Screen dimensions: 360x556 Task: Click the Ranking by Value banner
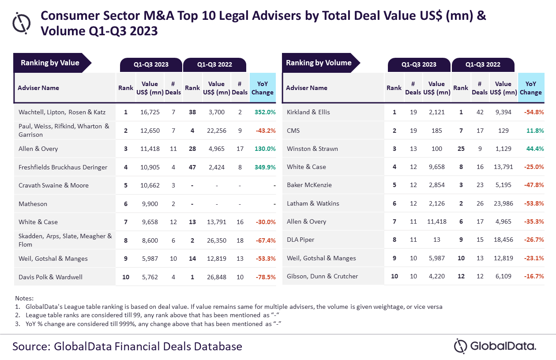tap(50, 63)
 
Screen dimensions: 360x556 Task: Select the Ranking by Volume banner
tap(319, 63)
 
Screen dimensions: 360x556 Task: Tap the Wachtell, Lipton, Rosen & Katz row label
tap(62, 112)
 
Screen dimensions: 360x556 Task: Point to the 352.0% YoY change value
tap(265, 112)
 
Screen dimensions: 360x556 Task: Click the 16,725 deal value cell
tap(150, 112)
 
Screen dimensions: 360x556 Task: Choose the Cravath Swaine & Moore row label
tap(53, 185)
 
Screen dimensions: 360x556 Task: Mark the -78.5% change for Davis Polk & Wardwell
tap(265, 277)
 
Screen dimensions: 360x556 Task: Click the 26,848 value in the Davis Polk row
tap(216, 277)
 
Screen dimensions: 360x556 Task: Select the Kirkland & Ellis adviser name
tap(308, 112)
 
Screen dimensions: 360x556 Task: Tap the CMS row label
tap(293, 131)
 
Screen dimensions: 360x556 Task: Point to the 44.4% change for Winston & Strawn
tap(535, 149)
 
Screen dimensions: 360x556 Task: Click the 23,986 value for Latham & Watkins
tap(503, 203)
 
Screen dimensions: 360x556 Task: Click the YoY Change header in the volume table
tap(530, 88)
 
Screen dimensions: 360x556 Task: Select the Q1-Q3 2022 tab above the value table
tap(214, 64)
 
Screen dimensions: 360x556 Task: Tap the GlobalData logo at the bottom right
tap(495, 346)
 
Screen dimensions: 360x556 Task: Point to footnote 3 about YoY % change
tap(150, 323)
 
